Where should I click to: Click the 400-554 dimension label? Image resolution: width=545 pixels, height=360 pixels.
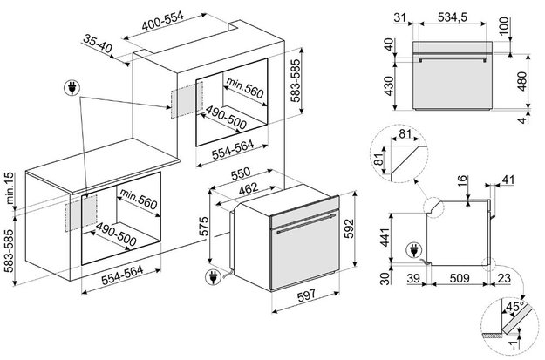(x=162, y=21)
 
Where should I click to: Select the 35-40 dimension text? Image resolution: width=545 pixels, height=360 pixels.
(x=98, y=44)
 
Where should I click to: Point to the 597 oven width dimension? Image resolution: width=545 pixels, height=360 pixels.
(x=307, y=295)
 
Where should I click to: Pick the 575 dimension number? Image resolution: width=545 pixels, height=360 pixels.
(x=204, y=227)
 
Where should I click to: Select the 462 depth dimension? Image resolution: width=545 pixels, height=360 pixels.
(x=249, y=188)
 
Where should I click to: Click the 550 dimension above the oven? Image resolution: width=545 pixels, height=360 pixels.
(x=241, y=173)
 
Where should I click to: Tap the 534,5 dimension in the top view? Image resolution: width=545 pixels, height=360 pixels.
(x=453, y=17)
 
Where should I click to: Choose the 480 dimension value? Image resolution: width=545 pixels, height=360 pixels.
(x=522, y=81)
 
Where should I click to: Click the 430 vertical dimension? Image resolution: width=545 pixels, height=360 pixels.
(x=389, y=85)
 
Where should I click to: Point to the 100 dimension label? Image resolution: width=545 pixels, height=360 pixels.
(x=504, y=27)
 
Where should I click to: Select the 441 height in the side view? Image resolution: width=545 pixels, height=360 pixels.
(x=385, y=236)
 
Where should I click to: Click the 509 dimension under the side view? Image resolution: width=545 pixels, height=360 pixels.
(x=460, y=278)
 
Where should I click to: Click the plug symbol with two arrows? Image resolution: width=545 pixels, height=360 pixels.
(x=72, y=88)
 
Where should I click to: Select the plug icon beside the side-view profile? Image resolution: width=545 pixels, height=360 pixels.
(x=414, y=250)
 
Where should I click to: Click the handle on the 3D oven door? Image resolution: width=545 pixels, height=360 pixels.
(x=306, y=224)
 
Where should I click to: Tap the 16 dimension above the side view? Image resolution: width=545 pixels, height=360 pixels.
(x=461, y=181)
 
